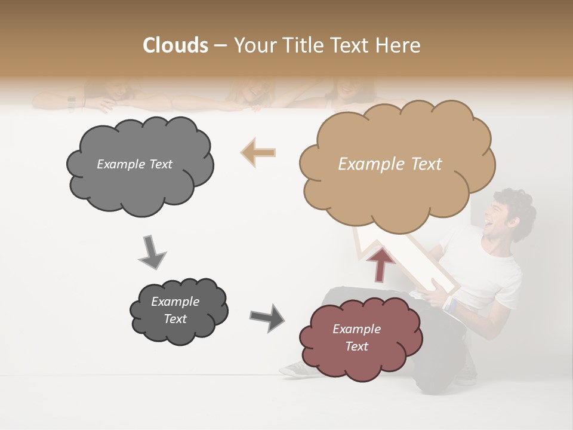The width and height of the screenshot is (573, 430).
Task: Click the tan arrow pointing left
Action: coord(258,152)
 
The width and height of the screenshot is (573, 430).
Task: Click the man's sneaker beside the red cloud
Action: coord(295,368)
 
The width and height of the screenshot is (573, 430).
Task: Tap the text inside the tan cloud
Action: coord(390,164)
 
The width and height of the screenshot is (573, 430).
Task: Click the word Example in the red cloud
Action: coord(356,329)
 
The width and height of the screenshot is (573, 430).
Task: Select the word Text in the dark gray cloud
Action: coord(175,319)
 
